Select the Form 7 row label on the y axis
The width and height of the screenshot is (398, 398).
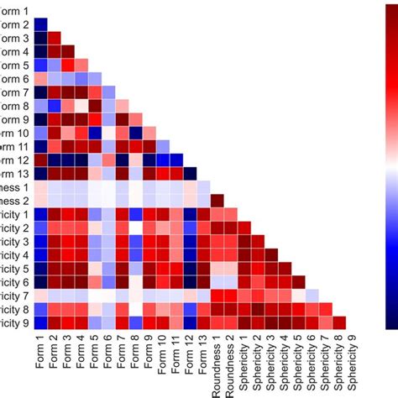point(14,92)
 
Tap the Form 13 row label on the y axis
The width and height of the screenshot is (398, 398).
point(14,174)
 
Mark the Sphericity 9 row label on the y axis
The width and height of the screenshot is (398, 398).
point(14,322)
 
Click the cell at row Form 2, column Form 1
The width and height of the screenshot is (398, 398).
point(40,25)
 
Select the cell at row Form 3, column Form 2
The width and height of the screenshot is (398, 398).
point(54,39)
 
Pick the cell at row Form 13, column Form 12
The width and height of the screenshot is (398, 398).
point(190,174)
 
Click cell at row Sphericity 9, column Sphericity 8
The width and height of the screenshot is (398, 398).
point(339,322)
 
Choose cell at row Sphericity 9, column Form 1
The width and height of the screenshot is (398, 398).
point(40,322)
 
